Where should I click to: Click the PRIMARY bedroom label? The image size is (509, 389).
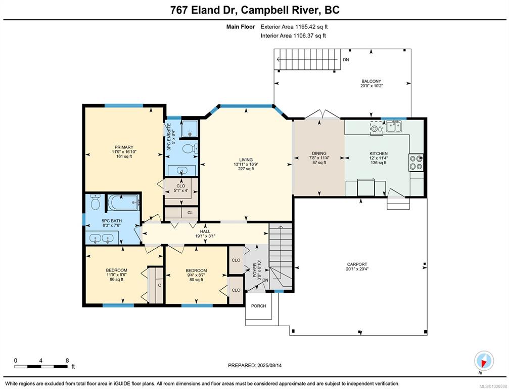124,147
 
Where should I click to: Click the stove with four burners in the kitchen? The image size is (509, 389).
416,163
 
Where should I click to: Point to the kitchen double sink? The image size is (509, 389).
394,126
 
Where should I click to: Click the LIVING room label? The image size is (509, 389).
246,160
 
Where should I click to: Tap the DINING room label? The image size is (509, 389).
319,153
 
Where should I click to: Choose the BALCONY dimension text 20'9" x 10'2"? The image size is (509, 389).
372,86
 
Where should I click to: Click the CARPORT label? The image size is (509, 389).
357,264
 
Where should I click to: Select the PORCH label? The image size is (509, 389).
258,306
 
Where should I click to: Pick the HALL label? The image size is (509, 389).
205,231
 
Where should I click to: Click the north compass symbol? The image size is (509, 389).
484,361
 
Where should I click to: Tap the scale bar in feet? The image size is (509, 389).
41,367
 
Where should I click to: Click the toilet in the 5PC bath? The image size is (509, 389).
96,202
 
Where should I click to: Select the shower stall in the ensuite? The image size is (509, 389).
189,129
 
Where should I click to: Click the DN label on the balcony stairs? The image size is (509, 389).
346,60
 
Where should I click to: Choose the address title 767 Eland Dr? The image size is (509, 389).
205,10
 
